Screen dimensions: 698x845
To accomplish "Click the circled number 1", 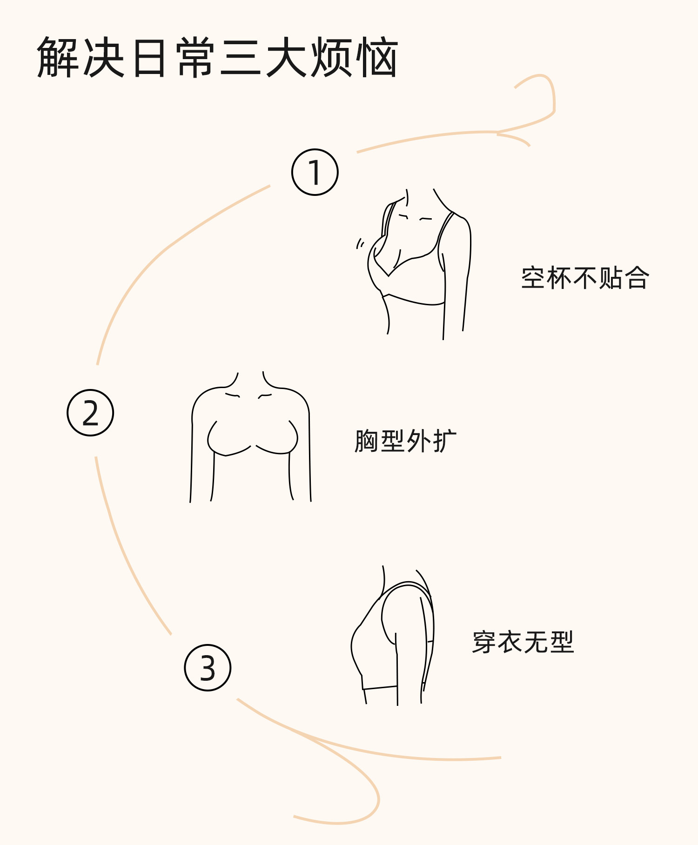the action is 315,172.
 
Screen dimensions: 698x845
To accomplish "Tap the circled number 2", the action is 90,413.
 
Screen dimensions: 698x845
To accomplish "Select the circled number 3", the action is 208,668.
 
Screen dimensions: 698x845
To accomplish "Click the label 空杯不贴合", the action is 585,278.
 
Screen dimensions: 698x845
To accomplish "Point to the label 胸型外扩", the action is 405,441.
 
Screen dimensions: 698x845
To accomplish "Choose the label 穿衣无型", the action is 523,642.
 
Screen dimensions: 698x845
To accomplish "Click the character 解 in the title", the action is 58,57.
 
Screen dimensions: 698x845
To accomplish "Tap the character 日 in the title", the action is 149,57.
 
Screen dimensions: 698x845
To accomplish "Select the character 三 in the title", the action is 241,57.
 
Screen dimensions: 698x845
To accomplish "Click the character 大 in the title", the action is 286,57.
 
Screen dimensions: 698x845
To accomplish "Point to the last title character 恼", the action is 377,57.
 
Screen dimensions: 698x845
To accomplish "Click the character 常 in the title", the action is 195,57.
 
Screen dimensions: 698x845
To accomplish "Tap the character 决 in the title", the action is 104,57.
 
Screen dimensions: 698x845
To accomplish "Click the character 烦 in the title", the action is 332,57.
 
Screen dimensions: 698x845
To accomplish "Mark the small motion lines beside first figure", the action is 360,243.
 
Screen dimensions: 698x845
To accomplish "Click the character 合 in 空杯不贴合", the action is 637,278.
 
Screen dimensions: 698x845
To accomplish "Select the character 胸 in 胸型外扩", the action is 366,441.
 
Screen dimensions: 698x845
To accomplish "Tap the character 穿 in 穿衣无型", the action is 484,642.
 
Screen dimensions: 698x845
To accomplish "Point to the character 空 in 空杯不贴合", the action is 533,278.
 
